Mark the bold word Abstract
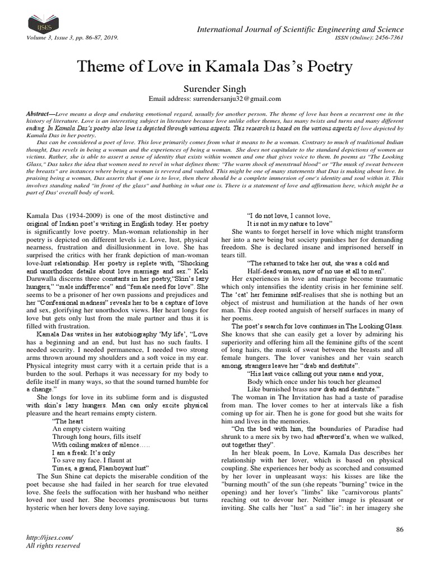click(39, 113)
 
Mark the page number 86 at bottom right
click(399, 530)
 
